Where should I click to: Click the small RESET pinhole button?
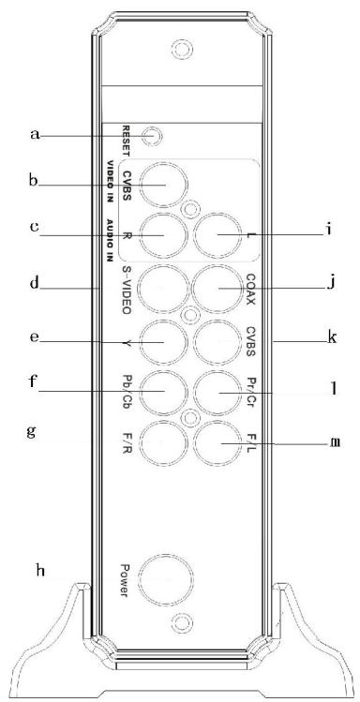pos(156,137)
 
